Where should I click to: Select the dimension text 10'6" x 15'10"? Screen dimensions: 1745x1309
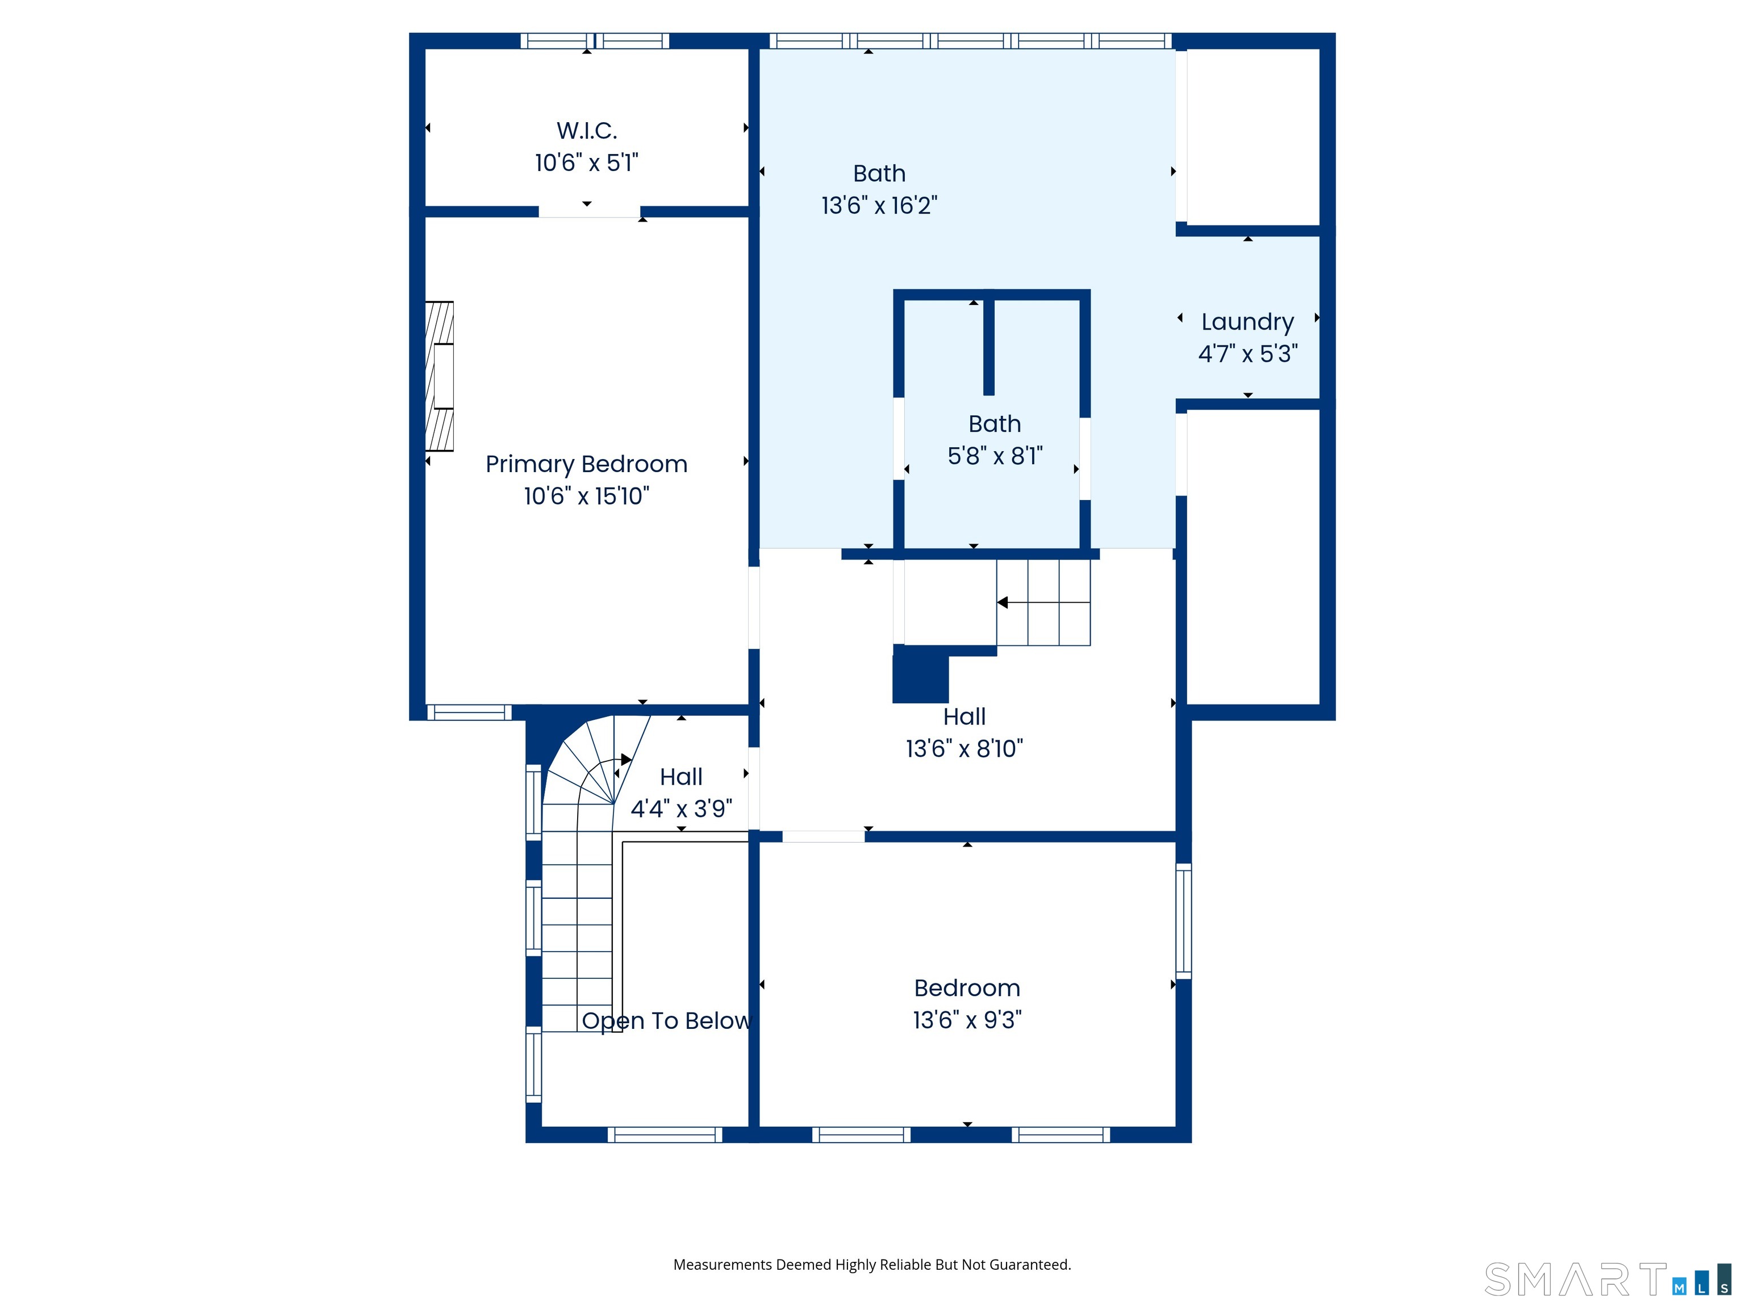(586, 497)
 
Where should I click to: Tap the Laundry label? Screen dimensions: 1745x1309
(1247, 323)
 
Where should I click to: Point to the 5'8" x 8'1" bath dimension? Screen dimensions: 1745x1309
(995, 456)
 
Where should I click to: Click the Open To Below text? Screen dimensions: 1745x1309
(667, 1021)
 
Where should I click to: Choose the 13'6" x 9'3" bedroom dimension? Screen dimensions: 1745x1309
(967, 1020)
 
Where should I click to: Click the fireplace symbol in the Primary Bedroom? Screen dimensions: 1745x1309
(440, 376)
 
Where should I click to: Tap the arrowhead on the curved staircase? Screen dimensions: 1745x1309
(627, 760)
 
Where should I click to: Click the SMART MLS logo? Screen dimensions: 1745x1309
(1607, 1280)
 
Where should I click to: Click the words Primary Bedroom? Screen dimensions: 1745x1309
(586, 464)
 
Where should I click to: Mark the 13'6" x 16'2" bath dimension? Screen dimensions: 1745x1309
(879, 206)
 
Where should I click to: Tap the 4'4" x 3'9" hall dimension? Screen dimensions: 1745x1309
(682, 809)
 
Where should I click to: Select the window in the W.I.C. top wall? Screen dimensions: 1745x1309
(595, 41)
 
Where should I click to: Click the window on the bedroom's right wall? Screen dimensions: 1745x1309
(1183, 921)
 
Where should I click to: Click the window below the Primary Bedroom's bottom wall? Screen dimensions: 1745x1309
(469, 712)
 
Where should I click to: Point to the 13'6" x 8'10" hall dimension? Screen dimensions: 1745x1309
(964, 749)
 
